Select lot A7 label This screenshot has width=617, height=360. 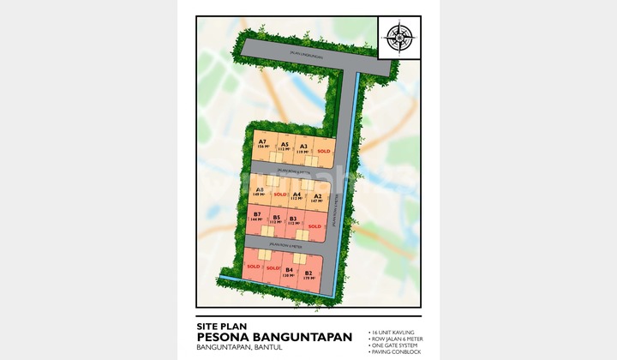[262, 144]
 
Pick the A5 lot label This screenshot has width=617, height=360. [285, 146]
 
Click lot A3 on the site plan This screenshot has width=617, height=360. [304, 147]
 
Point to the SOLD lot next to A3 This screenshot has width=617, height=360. [323, 151]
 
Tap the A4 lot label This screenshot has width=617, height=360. [297, 195]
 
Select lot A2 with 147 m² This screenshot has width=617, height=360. [317, 198]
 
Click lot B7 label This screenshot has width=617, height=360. [256, 216]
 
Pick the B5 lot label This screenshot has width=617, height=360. [276, 219]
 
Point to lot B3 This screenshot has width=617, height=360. [293, 220]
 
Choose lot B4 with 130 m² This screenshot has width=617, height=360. [290, 273]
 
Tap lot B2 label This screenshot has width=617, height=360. [308, 275]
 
